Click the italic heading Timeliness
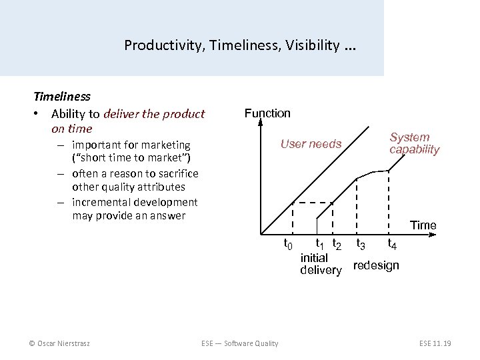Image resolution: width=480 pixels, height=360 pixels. [x=62, y=97]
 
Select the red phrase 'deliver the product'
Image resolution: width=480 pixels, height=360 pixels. [x=157, y=113]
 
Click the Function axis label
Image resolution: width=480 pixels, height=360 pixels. [x=267, y=113]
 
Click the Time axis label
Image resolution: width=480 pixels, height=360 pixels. [x=423, y=225]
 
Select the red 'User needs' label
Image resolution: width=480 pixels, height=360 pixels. [x=311, y=144]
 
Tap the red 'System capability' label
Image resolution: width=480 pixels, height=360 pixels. [x=414, y=143]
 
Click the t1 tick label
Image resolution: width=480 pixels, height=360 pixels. [x=320, y=244]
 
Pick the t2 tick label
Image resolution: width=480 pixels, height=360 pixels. [x=337, y=245]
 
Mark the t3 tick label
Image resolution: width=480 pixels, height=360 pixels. [x=361, y=245]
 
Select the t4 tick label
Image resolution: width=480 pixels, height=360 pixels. [x=393, y=245]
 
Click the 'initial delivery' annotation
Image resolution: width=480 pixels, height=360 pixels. [x=320, y=263]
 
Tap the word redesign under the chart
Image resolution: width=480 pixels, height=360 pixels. [x=376, y=265]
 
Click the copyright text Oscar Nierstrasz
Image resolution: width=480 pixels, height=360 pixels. [x=59, y=343]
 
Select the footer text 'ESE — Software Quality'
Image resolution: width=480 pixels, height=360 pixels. [x=240, y=343]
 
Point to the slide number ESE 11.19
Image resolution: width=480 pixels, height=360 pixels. [x=435, y=343]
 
